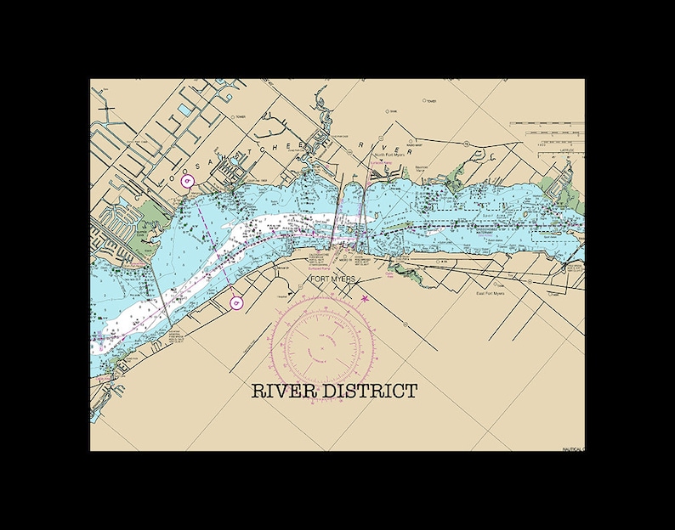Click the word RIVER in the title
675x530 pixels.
pyautogui.click(x=283, y=392)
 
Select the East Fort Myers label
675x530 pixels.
pyautogui.click(x=490, y=293)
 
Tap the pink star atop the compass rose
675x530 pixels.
pyautogui.click(x=366, y=298)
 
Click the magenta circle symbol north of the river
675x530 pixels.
pyautogui.click(x=190, y=181)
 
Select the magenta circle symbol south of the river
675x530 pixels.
pyautogui.click(x=236, y=302)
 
